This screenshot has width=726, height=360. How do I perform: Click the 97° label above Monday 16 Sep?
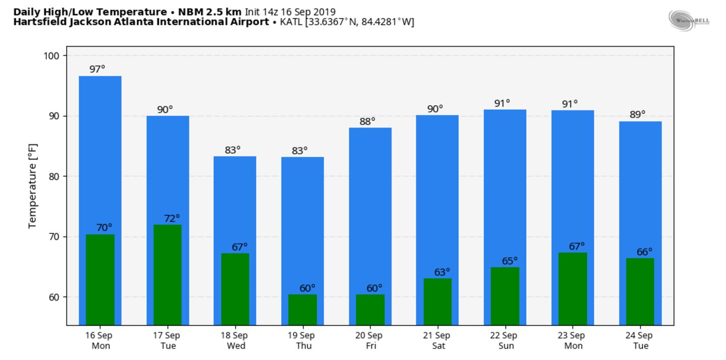click(97, 69)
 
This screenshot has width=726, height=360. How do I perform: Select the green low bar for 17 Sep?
click(167, 275)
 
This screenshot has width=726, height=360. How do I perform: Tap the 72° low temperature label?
click(171, 218)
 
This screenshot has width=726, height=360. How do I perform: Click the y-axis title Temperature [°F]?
click(33, 186)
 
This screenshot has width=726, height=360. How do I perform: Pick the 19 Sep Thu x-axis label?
click(301, 340)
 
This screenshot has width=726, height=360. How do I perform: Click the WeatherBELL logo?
click(689, 20)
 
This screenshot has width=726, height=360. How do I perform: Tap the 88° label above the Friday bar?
click(367, 122)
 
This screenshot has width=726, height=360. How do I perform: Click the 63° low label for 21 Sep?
click(442, 272)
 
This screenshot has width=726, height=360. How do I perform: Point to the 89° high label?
click(637, 114)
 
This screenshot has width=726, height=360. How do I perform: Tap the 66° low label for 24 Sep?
click(644, 252)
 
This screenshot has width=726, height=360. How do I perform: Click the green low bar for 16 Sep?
click(100, 279)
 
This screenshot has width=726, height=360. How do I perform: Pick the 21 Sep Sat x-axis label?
click(437, 340)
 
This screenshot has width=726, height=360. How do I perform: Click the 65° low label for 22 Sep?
click(510, 261)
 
